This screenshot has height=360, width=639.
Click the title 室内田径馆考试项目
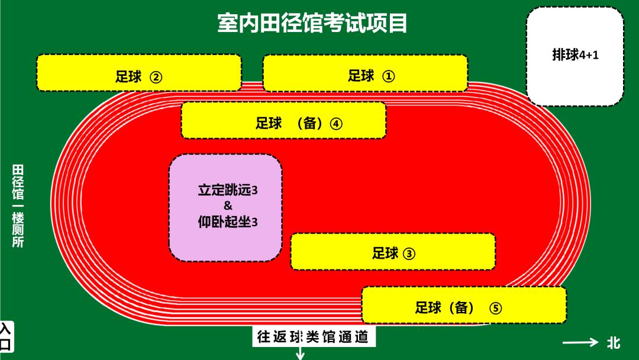point(312,23)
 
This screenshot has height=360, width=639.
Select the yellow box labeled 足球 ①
point(365,73)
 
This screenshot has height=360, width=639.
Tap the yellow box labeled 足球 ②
point(139,73)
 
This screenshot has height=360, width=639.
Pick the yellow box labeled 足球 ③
point(393,252)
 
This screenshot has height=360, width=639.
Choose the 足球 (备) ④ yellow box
point(283,120)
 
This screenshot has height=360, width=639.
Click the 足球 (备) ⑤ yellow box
point(464,305)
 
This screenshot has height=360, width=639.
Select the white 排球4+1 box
point(575,56)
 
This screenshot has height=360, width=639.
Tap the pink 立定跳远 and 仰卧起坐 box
point(226,207)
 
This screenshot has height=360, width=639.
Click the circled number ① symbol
point(388,76)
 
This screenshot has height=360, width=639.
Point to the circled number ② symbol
point(156,77)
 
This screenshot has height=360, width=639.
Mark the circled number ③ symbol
point(409,254)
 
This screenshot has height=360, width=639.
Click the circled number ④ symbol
point(336,124)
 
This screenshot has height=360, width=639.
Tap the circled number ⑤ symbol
point(496,308)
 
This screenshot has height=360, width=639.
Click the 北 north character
point(614,343)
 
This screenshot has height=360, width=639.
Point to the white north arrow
point(581,342)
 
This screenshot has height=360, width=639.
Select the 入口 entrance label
point(6,337)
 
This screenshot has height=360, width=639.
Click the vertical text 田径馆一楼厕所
point(18,206)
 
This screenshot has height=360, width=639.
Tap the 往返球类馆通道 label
point(313,337)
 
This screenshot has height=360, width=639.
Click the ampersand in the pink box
point(227,205)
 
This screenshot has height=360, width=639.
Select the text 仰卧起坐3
point(228,222)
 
